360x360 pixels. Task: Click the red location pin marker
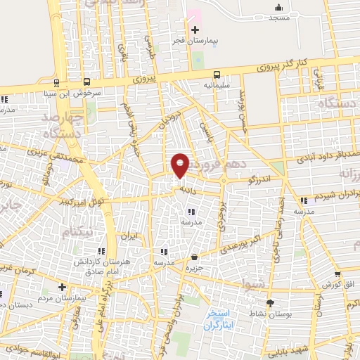181,165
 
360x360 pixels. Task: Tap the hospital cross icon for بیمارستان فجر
195,30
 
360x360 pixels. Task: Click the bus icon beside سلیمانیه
217,73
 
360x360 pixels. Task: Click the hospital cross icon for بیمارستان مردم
62,287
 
